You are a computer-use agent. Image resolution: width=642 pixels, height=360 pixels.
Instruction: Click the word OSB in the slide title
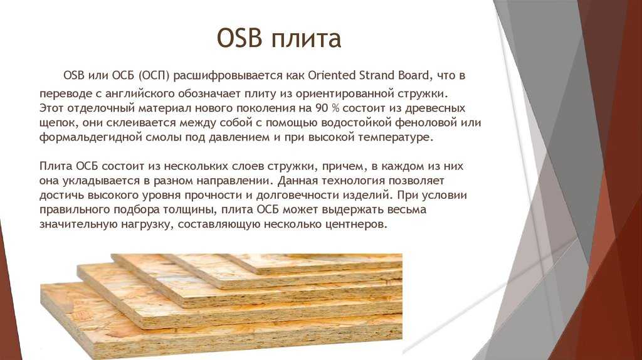(239, 38)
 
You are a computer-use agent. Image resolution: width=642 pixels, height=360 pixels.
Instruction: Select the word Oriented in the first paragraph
(332, 75)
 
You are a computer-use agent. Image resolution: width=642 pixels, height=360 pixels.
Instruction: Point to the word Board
(414, 75)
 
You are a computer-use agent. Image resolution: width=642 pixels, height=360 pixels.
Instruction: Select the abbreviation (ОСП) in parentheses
(154, 76)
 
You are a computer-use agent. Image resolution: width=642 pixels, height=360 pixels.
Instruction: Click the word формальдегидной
(91, 137)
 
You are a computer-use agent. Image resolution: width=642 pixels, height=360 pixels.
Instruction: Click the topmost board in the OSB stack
(311, 262)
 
